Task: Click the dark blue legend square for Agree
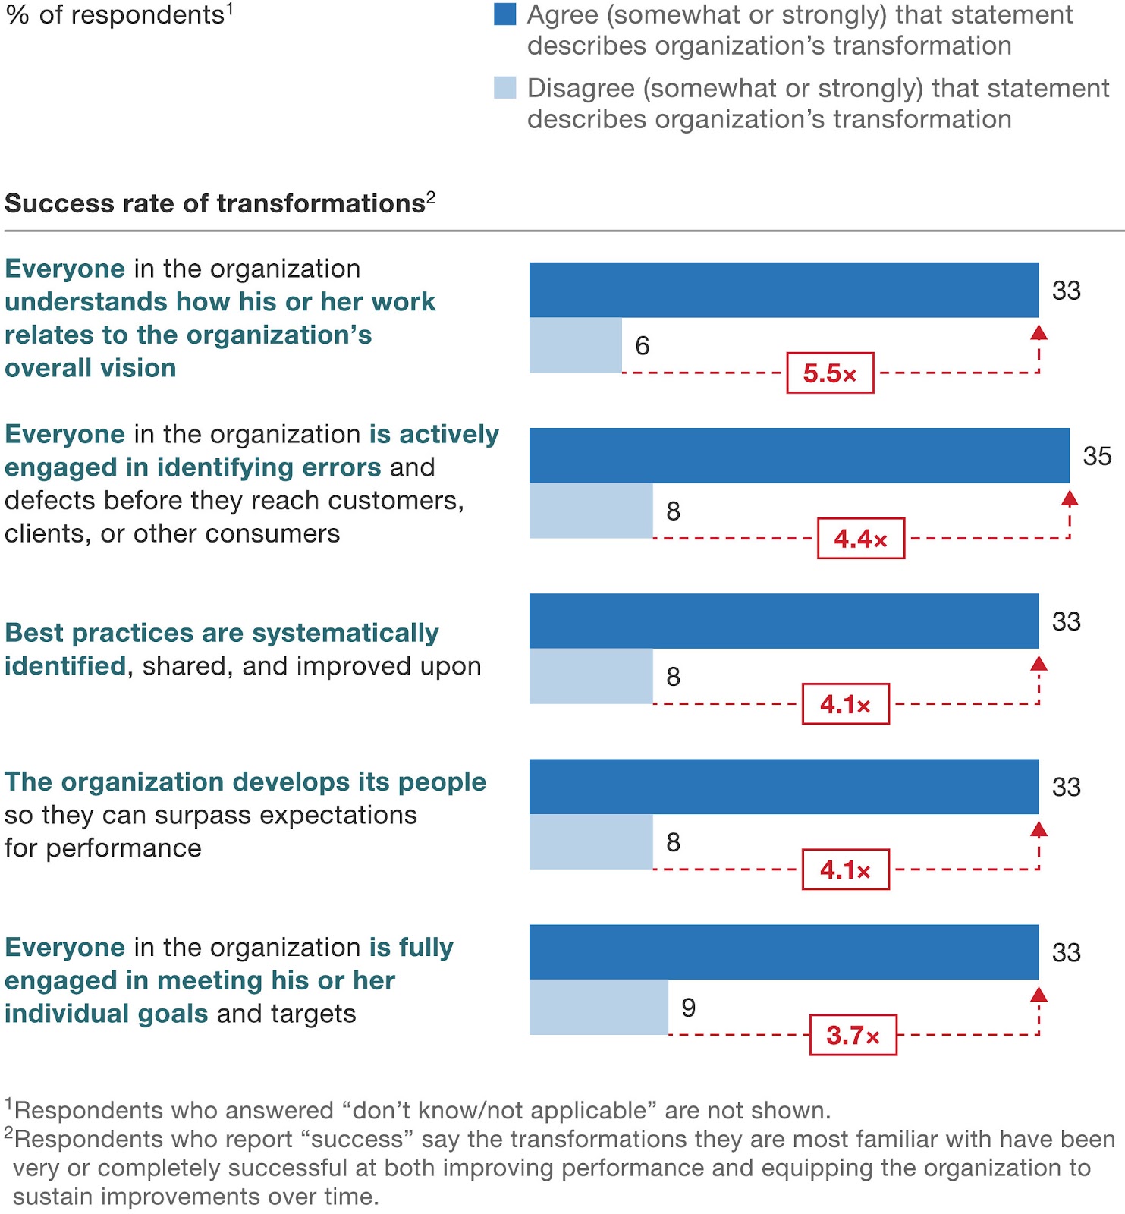click(x=504, y=14)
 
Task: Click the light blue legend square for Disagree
click(x=504, y=87)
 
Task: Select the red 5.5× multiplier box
click(x=830, y=373)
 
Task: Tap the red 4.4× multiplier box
click(x=861, y=539)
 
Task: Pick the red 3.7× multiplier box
click(x=853, y=1035)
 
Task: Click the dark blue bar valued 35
click(x=799, y=455)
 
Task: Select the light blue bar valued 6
click(x=575, y=345)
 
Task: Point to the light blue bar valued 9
click(x=599, y=1007)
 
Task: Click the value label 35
click(x=1097, y=456)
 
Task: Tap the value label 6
click(x=643, y=346)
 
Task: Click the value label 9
click(x=688, y=1008)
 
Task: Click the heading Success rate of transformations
click(x=215, y=203)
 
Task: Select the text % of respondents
click(x=115, y=15)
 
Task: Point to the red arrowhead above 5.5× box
click(x=1039, y=332)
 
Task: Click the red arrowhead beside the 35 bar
click(x=1070, y=498)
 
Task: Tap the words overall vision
click(x=90, y=368)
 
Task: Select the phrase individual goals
click(x=106, y=1014)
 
